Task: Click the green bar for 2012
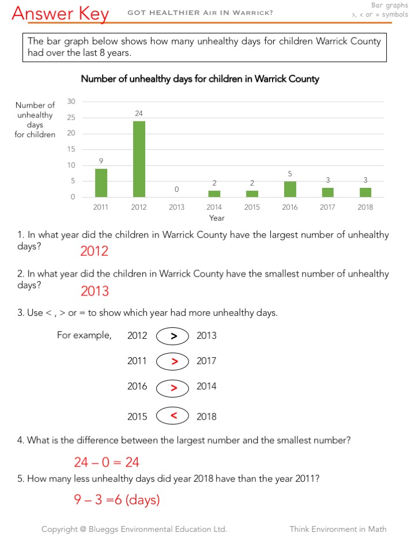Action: (x=139, y=159)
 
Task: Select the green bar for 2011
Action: (x=101, y=183)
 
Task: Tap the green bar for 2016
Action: (x=290, y=189)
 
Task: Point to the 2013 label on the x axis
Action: (x=176, y=207)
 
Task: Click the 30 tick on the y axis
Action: (x=71, y=101)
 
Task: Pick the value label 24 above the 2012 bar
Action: (x=139, y=114)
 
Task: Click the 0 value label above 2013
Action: (x=176, y=190)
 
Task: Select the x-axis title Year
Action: (x=217, y=218)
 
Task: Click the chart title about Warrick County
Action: (x=199, y=79)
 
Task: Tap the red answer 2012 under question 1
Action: (x=94, y=251)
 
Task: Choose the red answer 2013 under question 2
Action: (x=95, y=292)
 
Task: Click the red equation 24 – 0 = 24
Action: (x=107, y=462)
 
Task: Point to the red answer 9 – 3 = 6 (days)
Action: (x=116, y=500)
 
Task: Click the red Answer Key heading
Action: (x=60, y=13)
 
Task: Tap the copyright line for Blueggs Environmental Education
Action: (x=134, y=529)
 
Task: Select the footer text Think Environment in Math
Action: (x=338, y=529)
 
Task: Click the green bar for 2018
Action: (x=365, y=192)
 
